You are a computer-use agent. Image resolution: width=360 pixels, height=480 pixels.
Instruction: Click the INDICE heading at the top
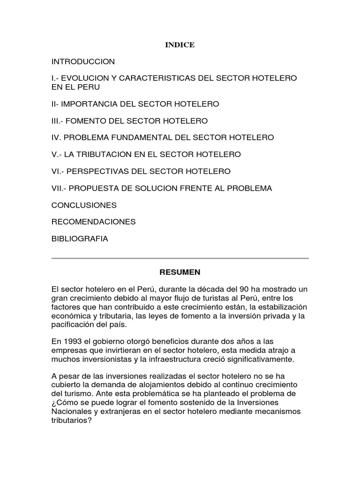tap(180, 45)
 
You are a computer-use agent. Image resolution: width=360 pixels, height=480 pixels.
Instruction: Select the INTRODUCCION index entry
tap(83, 62)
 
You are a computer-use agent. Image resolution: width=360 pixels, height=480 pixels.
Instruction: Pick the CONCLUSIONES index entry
tap(84, 205)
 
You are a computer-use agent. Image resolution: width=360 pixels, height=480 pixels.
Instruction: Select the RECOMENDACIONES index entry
tap(93, 222)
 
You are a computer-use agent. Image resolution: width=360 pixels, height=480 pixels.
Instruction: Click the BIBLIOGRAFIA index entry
tap(80, 239)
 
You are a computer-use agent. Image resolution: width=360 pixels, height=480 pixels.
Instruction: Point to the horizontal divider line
tap(180, 258)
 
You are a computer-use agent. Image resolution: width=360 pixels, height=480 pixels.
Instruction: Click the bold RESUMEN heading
tap(180, 272)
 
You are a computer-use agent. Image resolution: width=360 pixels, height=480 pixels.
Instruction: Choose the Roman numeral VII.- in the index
tap(59, 188)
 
